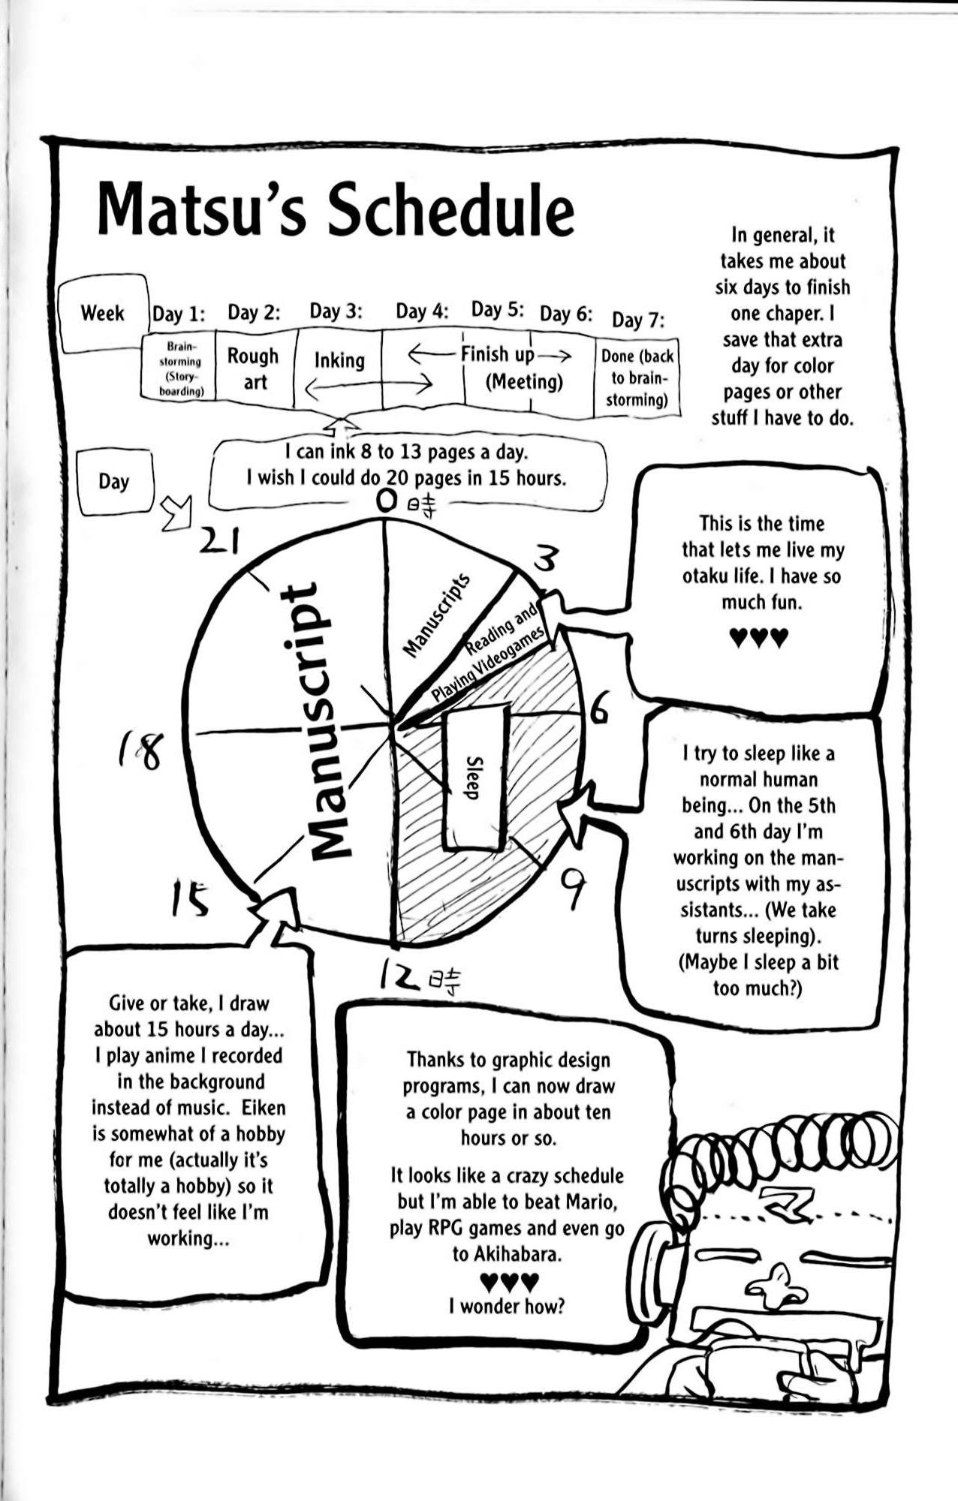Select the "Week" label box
point(103,313)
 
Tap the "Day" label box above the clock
point(113,481)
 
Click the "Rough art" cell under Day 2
point(254,368)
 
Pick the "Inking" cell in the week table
point(339,361)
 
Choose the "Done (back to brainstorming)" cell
point(637,378)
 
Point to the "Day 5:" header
point(496,310)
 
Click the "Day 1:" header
point(179,313)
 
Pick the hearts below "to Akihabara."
point(508,1280)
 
